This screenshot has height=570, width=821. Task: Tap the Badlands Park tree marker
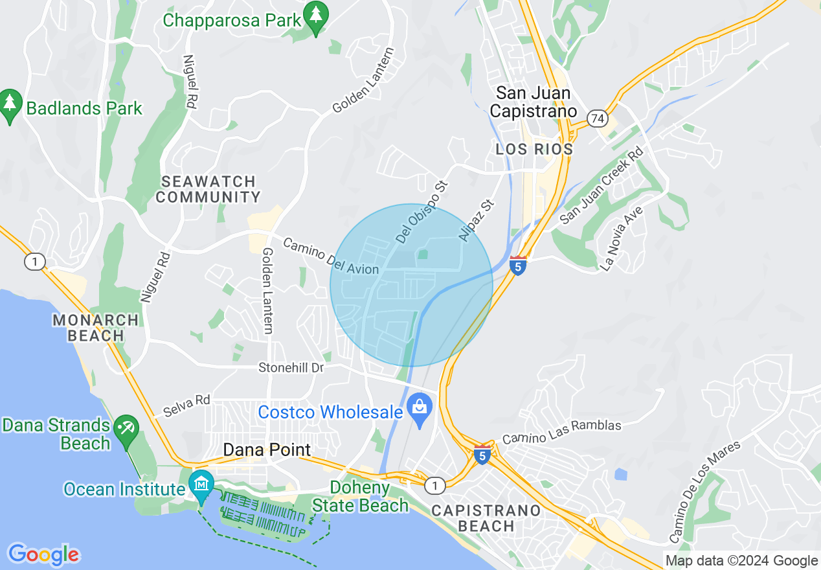pos(10,105)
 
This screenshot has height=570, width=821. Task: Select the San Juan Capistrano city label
pos(533,102)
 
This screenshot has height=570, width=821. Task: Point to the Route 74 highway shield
pos(596,118)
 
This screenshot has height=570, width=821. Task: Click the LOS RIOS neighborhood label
pos(534,150)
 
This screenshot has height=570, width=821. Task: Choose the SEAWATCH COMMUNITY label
pos(208,189)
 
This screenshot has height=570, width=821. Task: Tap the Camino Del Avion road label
pos(331,256)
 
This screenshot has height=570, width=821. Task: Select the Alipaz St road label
pos(477,221)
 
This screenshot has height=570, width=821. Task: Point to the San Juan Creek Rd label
pos(602,186)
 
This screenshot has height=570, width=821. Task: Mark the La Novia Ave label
pos(620,238)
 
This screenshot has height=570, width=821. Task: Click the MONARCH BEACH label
pos(95,328)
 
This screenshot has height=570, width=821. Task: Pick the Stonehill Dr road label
pos(291,368)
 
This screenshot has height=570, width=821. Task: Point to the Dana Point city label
pos(267,450)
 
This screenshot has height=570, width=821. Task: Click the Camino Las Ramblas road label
pos(561,431)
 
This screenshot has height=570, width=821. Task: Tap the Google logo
pos(44,554)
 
